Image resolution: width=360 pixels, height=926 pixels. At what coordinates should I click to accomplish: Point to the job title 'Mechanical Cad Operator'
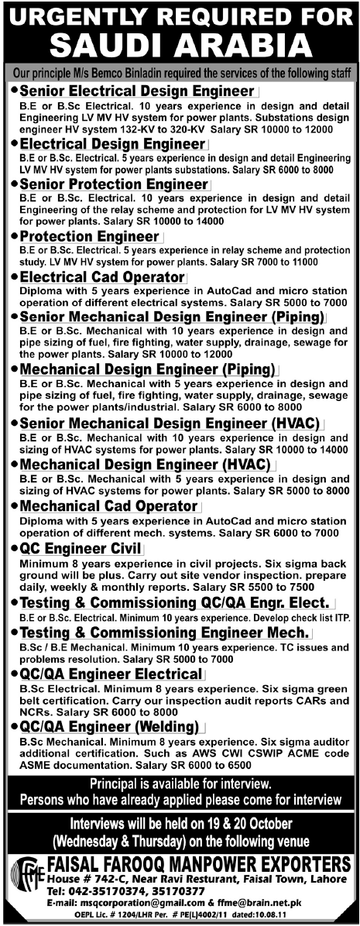click(x=108, y=506)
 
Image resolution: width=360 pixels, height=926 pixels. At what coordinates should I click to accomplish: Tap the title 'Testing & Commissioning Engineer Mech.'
click(x=163, y=633)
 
